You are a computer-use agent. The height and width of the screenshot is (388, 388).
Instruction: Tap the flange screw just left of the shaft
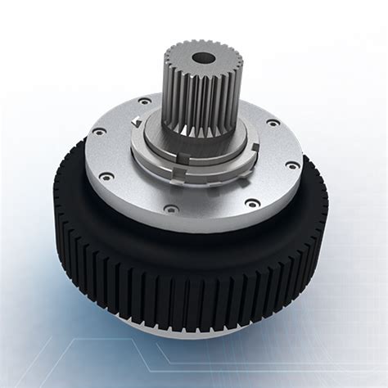click(x=145, y=102)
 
